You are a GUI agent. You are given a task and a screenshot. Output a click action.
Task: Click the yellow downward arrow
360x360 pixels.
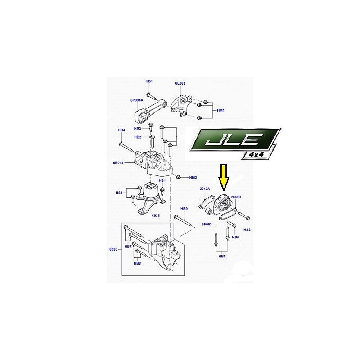point(224,177)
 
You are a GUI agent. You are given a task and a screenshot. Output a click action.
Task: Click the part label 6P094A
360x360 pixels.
point(137,100)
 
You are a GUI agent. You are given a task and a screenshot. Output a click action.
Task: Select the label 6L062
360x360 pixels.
point(180,83)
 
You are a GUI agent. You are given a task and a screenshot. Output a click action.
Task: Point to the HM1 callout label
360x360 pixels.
point(220,110)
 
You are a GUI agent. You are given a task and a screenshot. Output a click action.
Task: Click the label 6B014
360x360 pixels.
point(118,163)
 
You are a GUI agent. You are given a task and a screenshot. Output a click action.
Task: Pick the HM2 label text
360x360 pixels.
point(193,178)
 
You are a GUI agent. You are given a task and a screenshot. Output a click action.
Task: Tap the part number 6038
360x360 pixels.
point(156,216)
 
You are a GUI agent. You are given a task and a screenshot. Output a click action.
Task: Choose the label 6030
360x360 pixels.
point(113,249)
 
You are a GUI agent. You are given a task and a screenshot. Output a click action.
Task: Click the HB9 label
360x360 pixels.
point(184,209)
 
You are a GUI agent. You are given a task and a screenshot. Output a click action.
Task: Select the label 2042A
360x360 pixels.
point(205,189)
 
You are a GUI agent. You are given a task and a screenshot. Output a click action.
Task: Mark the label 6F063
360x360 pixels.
point(207,224)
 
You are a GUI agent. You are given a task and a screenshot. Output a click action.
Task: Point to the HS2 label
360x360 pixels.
point(247,229)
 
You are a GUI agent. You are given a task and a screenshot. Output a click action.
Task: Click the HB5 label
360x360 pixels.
point(222,256)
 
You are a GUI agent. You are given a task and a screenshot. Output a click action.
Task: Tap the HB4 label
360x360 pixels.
point(121,130)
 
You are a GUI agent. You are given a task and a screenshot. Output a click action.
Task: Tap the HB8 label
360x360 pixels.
point(137,263)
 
